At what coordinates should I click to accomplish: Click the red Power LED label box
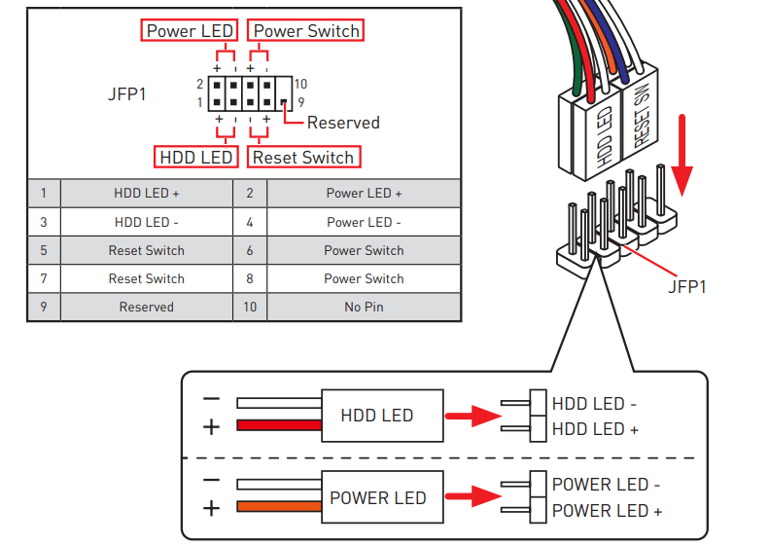click(190, 31)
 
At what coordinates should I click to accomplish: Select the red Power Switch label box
click(306, 31)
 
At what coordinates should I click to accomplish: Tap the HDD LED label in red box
click(195, 157)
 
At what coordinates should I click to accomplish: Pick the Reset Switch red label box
click(303, 157)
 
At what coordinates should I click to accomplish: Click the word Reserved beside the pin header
click(343, 123)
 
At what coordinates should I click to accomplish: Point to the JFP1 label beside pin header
click(127, 95)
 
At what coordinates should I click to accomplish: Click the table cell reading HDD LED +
click(146, 194)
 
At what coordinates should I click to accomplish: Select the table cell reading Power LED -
click(364, 222)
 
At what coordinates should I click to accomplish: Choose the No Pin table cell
click(364, 307)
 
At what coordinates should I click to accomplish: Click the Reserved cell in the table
click(146, 307)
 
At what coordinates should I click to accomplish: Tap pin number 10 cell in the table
click(250, 307)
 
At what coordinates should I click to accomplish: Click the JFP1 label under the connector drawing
click(686, 287)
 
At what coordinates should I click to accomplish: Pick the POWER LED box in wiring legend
click(378, 498)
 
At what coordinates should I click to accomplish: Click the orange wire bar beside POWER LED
click(278, 507)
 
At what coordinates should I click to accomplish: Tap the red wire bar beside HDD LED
click(278, 425)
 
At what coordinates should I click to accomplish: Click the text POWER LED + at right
click(607, 511)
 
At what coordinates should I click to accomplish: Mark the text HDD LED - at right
click(594, 403)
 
